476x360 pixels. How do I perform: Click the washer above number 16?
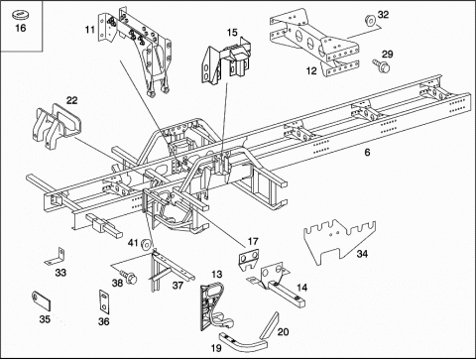coord(21,15)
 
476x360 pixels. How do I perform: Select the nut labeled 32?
coord(370,20)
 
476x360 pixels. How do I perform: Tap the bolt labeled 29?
coord(382,65)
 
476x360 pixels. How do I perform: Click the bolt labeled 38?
coord(128,277)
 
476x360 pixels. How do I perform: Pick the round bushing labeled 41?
coord(147,245)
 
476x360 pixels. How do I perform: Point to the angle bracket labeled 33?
coord(56,257)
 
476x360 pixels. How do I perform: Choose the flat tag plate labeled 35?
coord(42,300)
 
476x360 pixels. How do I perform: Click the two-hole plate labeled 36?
coord(104,301)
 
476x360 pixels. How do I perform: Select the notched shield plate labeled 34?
coord(339,241)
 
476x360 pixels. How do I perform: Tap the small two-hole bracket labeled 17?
coord(249,260)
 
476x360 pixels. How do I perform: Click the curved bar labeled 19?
coord(244,342)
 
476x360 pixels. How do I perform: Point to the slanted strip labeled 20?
coord(270,325)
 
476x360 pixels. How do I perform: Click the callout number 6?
coord(367,153)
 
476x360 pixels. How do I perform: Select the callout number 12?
coord(311,70)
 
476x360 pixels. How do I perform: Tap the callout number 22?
coord(71,100)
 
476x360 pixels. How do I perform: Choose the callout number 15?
coord(232,33)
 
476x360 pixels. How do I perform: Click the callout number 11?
coord(90,30)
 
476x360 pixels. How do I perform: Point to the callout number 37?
coord(178,285)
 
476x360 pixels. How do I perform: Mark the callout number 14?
coord(301,288)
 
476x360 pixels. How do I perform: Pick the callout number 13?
coord(217,274)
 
